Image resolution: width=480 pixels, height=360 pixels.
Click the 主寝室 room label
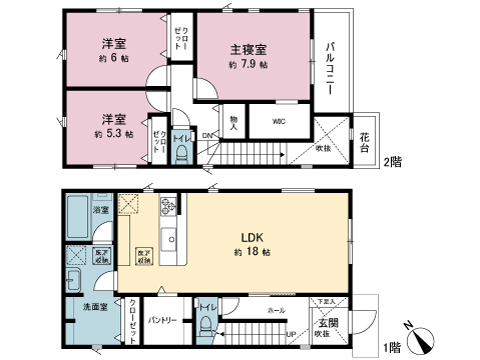point(247,48)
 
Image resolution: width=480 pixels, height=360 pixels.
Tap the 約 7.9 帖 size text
point(248,65)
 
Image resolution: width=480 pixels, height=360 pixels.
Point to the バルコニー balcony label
point(328,67)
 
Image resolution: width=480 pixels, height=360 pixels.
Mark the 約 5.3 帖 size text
point(113,133)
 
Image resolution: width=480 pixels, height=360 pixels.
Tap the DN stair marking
point(207,135)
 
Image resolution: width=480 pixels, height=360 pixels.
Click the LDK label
point(250,238)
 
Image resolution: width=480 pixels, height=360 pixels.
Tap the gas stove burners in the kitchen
point(168,209)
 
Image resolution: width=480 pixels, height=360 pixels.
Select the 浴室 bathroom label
point(100,211)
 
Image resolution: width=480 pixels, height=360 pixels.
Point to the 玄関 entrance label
point(328,322)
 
